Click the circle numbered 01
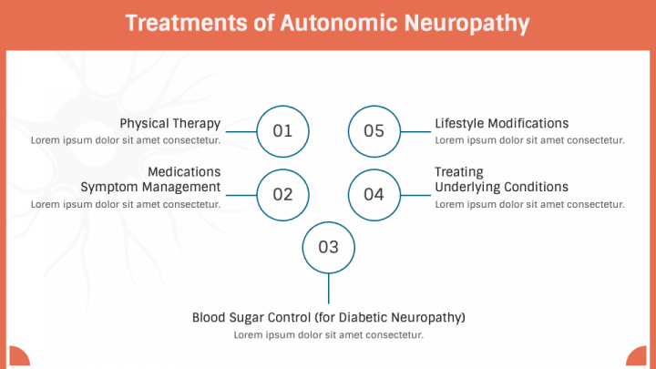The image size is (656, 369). [282, 130]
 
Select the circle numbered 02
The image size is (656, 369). [282, 194]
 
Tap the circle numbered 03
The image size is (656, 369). [328, 247]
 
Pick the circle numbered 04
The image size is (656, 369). [374, 194]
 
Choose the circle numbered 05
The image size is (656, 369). [374, 130]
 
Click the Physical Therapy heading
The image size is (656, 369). [170, 123]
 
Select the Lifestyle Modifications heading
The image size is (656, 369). [501, 123]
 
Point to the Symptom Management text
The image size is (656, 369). [150, 187]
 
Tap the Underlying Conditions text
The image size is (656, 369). [501, 187]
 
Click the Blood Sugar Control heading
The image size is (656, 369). [328, 317]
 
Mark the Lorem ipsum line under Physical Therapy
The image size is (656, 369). [126, 140]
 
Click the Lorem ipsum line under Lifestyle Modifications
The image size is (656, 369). [529, 140]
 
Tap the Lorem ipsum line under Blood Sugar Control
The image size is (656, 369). [328, 335]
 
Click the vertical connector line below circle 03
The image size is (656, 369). [328, 288]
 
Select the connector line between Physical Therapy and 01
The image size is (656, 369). [240, 131]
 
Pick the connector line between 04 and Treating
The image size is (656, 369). [415, 195]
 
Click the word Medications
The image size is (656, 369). [184, 171]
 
